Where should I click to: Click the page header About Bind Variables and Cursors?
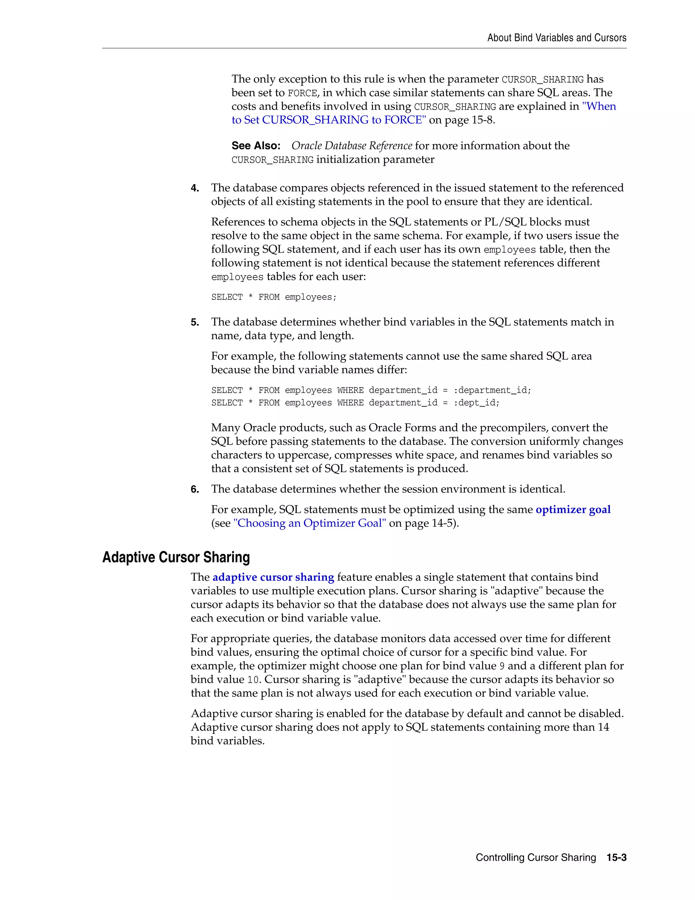point(557,38)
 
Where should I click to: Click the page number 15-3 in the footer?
point(616,858)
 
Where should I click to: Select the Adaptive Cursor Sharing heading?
point(176,557)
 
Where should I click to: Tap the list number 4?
point(195,188)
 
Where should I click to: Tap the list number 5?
point(195,323)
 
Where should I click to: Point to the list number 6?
point(195,489)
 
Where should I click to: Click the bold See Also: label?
point(256,146)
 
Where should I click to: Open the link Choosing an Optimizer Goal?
point(309,523)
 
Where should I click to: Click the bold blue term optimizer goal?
point(573,510)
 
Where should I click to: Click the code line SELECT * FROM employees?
point(274,297)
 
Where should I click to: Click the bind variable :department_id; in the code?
point(492,390)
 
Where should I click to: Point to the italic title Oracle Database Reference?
point(352,146)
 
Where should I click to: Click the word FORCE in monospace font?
point(302,93)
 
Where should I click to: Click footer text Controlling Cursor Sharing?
point(536,858)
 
